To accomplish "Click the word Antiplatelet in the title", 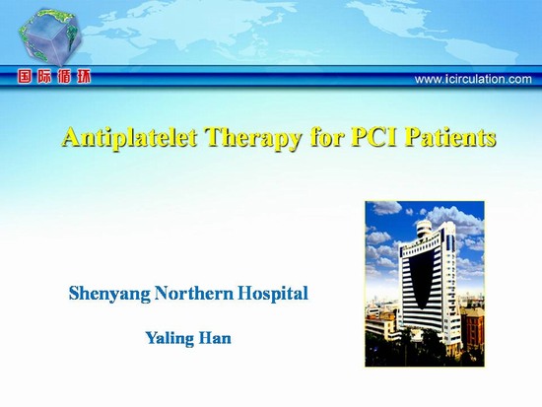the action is (x=130, y=137).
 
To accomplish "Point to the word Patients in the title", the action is (x=450, y=137).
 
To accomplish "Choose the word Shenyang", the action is (x=109, y=295).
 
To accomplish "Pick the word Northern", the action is (x=194, y=294).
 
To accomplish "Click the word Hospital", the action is (x=273, y=295).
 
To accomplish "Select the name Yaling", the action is (x=169, y=339).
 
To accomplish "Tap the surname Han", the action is (x=215, y=338).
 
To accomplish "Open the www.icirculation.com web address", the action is (x=473, y=79).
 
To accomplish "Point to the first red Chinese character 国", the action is (x=25, y=77).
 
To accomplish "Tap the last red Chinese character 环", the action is (x=84, y=77).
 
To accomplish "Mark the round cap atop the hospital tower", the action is (x=425, y=229).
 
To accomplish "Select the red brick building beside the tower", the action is (x=472, y=328).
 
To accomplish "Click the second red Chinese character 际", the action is (x=44, y=77).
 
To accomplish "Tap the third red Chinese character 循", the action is (x=64, y=77).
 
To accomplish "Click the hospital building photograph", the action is (x=425, y=284).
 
